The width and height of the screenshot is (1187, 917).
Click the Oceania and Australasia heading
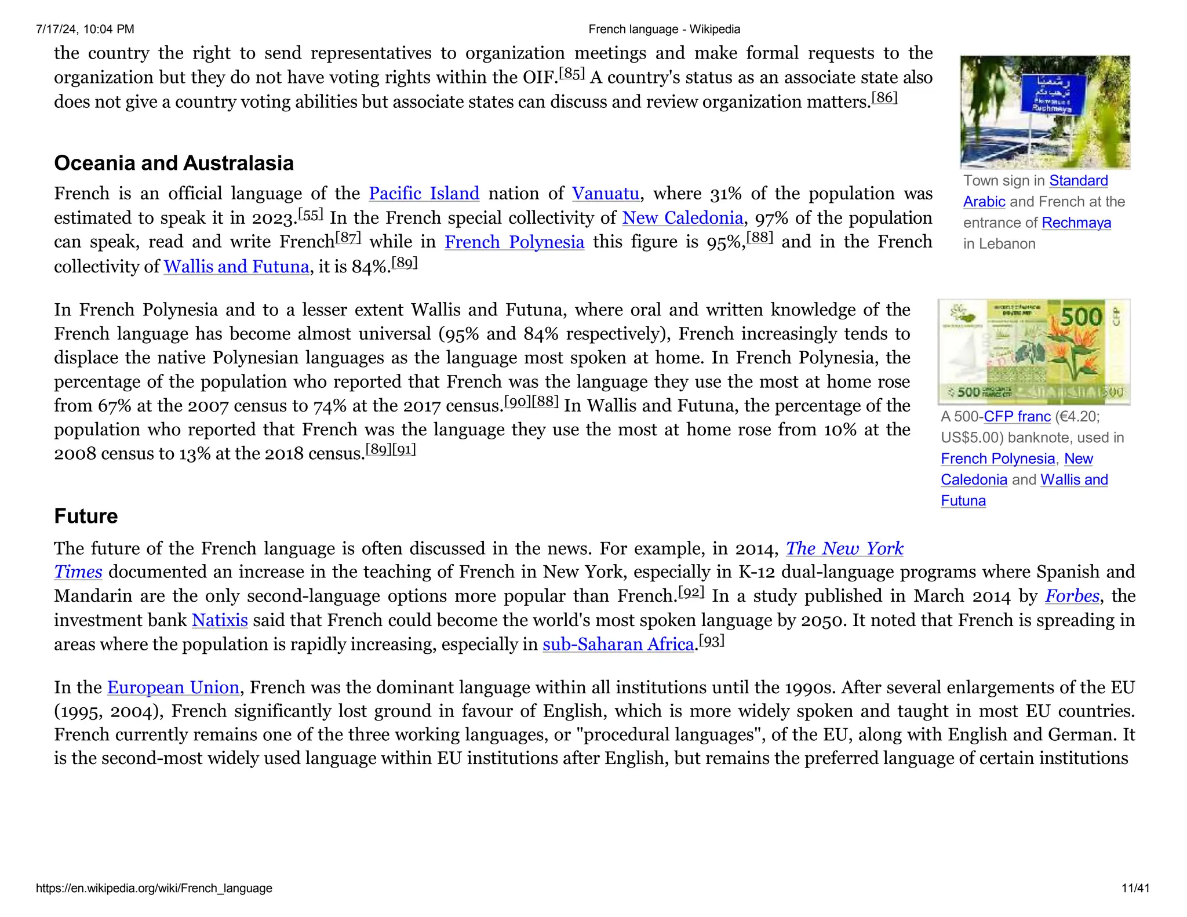[174, 163]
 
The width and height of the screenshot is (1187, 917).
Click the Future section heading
[86, 516]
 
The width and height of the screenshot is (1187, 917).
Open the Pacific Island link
[424, 194]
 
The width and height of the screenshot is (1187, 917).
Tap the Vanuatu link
[605, 194]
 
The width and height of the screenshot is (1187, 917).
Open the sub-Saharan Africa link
[618, 644]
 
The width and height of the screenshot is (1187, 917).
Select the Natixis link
[220, 620]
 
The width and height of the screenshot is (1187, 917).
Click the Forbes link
[1072, 596]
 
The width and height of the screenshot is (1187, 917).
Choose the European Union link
[173, 687]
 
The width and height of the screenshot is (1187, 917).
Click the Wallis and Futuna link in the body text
[236, 267]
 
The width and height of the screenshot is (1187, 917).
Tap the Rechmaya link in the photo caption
[1076, 223]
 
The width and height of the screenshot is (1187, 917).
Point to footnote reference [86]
[884, 98]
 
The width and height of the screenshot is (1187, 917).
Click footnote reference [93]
[712, 641]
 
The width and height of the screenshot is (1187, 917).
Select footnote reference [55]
[311, 215]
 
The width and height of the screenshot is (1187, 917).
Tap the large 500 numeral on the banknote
[1082, 318]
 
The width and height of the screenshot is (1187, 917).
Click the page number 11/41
[1135, 888]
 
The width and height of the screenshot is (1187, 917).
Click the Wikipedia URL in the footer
[154, 888]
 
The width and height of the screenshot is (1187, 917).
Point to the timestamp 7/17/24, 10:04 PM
[85, 29]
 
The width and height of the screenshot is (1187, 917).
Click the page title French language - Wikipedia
[664, 29]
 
